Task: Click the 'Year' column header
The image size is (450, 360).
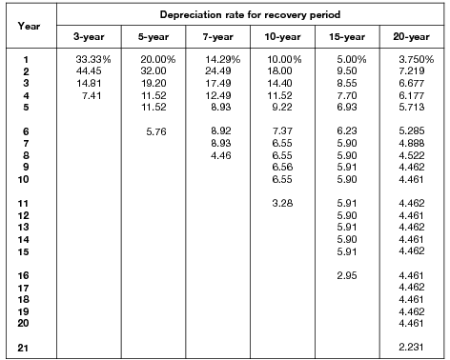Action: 27,26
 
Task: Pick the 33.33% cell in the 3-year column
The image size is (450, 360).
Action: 90,60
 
